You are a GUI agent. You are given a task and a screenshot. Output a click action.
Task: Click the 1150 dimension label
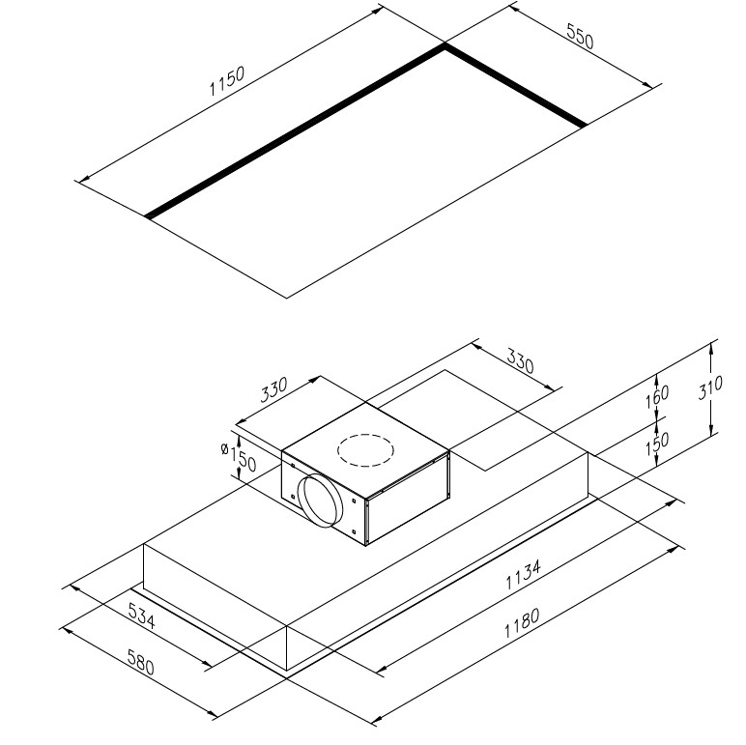tap(227, 80)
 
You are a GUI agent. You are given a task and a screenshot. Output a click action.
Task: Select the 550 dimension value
tap(580, 36)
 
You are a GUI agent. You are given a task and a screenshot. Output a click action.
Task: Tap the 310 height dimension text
tap(710, 387)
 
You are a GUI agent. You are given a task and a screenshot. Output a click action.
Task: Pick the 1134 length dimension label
tap(523, 574)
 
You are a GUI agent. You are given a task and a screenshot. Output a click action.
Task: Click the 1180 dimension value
tap(522, 622)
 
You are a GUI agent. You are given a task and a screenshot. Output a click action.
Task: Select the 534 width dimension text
tap(142, 616)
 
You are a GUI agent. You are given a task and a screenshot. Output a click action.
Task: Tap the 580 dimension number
tap(141, 662)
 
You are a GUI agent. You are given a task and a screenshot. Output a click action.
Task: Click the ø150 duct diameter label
tap(240, 456)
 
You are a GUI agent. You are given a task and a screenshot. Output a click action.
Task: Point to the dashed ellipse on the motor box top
tap(365, 450)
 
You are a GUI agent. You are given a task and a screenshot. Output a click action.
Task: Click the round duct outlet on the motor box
tap(320, 501)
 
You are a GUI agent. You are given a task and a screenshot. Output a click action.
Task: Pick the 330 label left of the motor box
tap(274, 389)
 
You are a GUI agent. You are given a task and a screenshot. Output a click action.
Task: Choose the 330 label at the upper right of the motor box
tap(521, 361)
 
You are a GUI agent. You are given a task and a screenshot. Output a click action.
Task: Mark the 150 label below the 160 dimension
tap(657, 444)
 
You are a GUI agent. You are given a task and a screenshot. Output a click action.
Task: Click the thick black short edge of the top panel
tap(516, 85)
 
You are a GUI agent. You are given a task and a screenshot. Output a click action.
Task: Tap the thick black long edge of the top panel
tap(295, 130)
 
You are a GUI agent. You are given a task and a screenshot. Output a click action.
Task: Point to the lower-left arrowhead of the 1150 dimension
tap(85, 180)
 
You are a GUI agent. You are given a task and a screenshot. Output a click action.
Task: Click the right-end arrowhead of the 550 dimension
tap(648, 85)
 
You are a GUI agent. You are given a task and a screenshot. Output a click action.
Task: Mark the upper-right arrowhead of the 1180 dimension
tap(673, 550)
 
